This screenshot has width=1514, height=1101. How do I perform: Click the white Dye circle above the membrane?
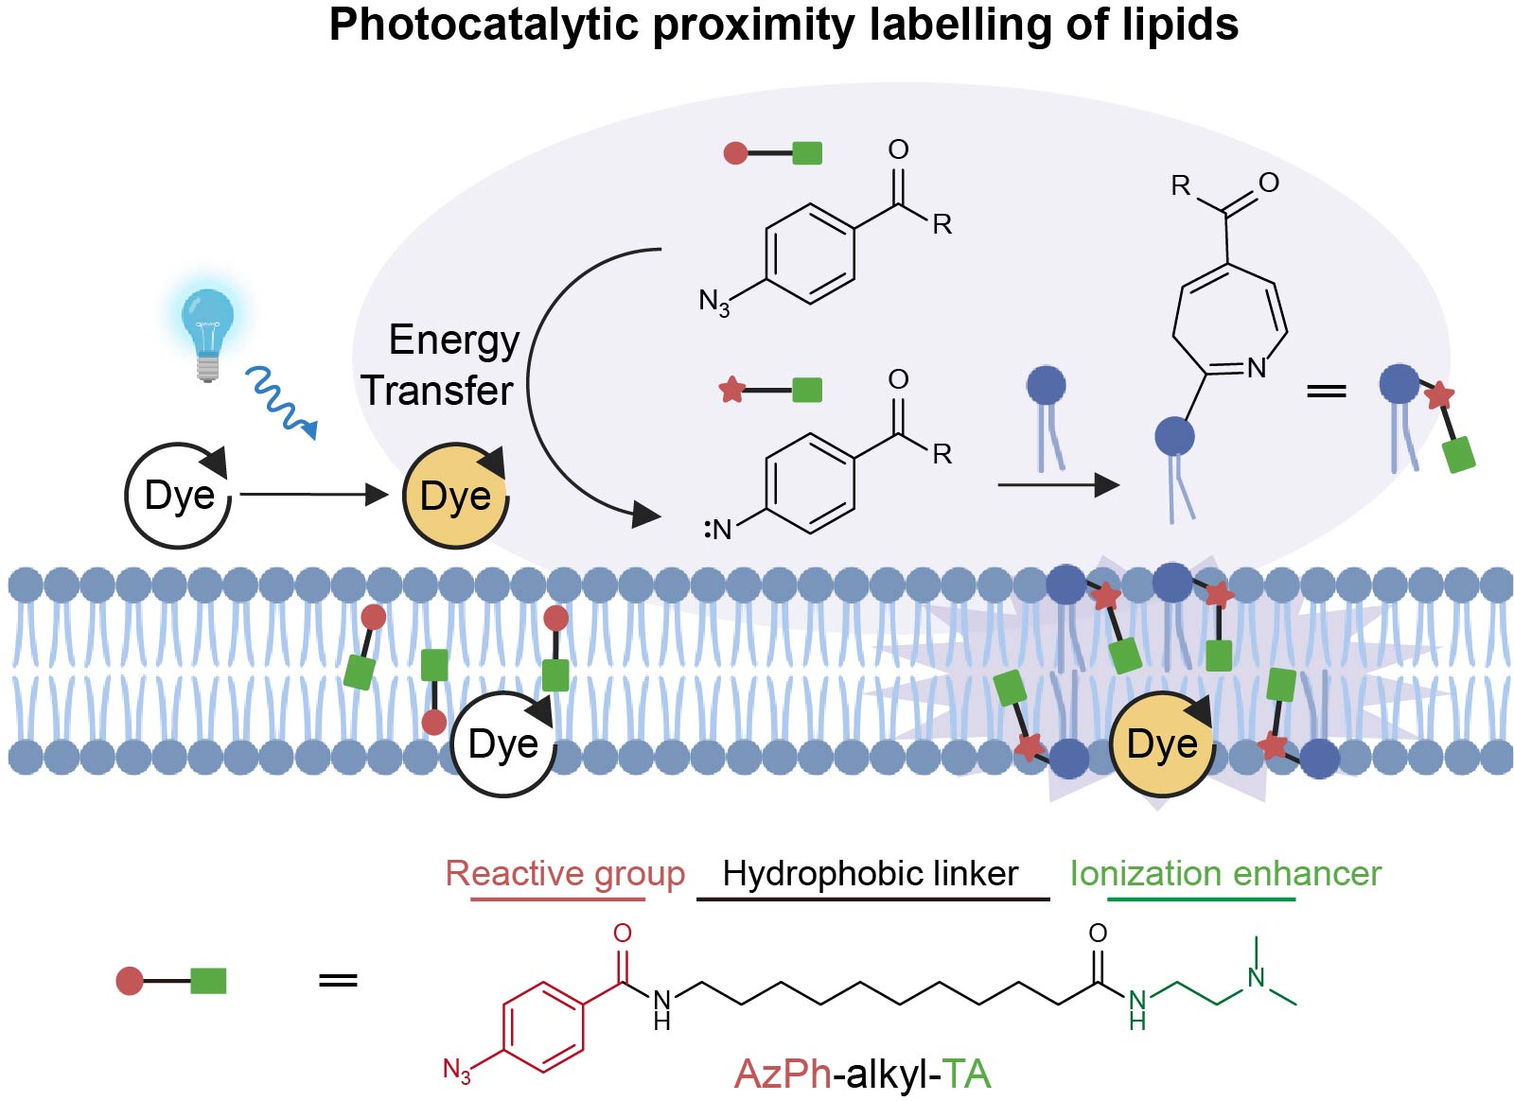(179, 495)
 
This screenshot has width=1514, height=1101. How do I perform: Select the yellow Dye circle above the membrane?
(455, 496)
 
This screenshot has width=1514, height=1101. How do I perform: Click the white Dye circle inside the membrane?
(502, 743)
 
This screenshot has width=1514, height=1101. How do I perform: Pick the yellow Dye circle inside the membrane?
(1162, 743)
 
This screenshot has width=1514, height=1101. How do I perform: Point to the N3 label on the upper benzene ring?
(714, 302)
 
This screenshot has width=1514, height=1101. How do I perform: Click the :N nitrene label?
(718, 529)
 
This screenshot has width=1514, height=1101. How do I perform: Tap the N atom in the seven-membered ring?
(1257, 368)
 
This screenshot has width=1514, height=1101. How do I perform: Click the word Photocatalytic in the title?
(484, 25)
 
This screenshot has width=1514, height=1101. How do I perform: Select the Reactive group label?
(565, 873)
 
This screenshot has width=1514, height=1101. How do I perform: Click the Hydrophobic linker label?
(871, 873)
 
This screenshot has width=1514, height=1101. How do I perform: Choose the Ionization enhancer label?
(1225, 873)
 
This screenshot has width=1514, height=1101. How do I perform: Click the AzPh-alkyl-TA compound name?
(862, 1075)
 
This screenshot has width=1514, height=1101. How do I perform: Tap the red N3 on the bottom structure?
(457, 1071)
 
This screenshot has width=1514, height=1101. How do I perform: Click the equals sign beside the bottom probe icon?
(338, 980)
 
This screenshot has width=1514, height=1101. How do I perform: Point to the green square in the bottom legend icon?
(208, 981)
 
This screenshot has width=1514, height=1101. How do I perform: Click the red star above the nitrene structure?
(731, 389)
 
